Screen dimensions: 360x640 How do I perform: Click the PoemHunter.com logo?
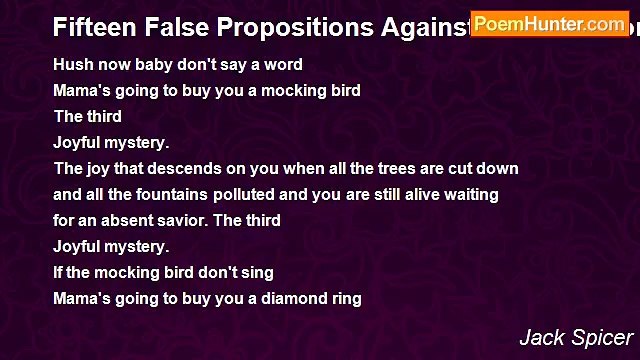(x=549, y=23)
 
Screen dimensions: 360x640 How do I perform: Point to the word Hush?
(x=72, y=64)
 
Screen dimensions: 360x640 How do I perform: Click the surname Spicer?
(x=603, y=338)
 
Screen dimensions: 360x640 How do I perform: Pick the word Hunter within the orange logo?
(x=554, y=23)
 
